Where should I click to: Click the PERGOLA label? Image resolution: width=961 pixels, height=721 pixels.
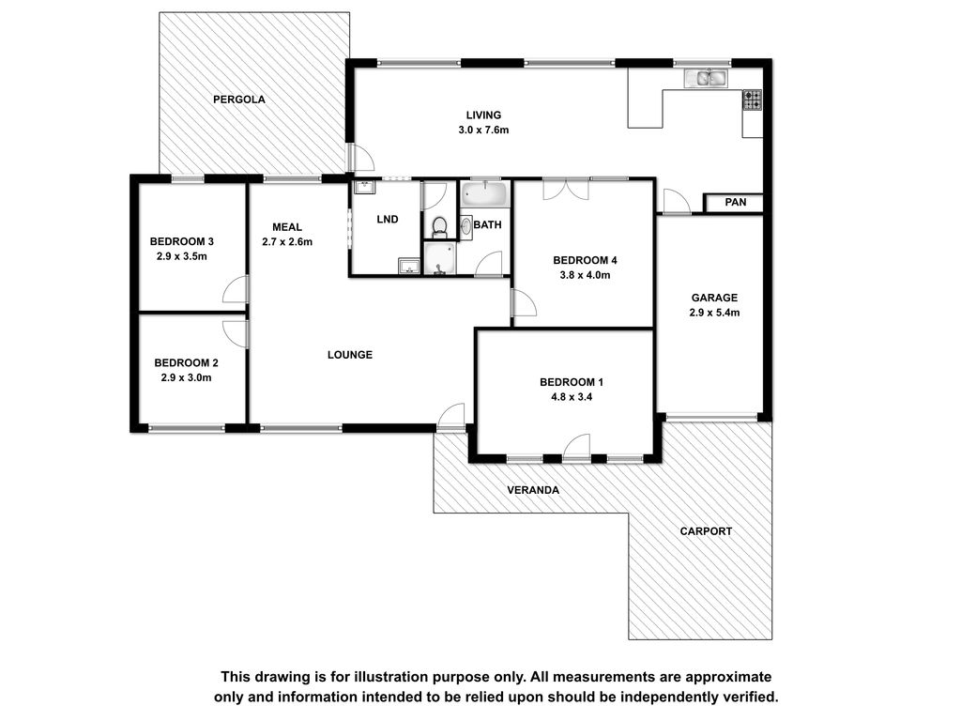(239, 100)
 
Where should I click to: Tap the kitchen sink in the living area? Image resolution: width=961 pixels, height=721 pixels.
(706, 78)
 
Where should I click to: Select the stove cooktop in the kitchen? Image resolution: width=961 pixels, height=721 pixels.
(752, 100)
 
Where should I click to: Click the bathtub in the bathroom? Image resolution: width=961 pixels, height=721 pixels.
(485, 193)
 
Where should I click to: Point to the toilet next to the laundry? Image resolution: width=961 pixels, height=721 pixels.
(439, 227)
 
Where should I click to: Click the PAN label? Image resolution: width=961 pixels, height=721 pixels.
(736, 203)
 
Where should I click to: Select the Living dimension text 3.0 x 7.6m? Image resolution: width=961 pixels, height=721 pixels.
(483, 130)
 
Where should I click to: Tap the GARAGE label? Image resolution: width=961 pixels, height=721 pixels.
(714, 298)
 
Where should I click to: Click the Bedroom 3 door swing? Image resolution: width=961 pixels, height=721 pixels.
(236, 289)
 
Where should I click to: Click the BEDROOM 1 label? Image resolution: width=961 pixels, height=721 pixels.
(572, 383)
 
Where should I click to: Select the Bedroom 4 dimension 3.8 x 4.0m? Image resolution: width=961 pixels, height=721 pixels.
(585, 275)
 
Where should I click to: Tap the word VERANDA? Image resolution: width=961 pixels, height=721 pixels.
(533, 490)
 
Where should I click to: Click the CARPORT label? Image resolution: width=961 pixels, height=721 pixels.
(706, 531)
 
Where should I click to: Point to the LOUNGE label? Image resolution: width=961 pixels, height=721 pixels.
(350, 355)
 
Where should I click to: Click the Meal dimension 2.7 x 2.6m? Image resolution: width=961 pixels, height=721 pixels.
(287, 242)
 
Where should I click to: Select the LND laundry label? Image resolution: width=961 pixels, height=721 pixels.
(388, 220)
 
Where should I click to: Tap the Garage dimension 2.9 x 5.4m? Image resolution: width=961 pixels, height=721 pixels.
(714, 313)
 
